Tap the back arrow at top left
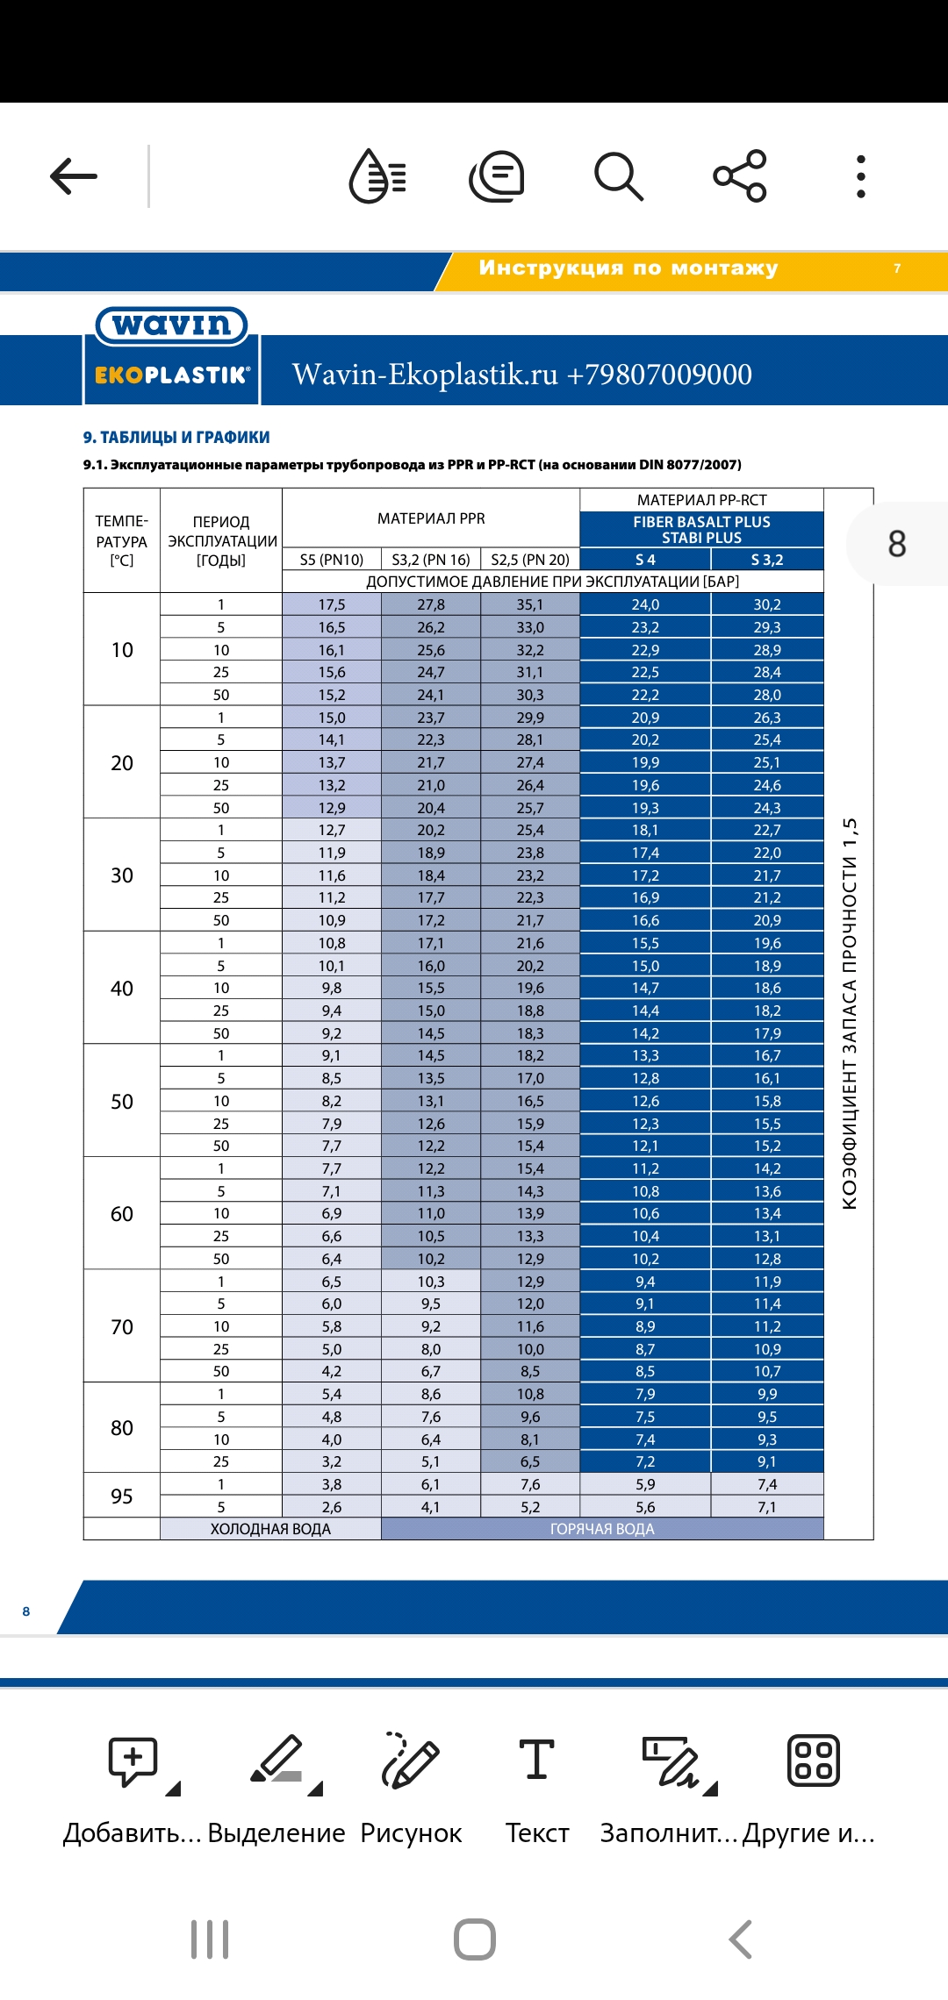click(74, 176)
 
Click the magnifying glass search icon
click(619, 176)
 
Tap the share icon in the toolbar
click(740, 176)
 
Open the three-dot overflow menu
click(861, 176)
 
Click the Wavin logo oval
click(172, 325)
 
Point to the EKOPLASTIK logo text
click(172, 375)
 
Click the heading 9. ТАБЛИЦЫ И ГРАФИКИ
click(176, 437)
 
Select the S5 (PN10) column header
click(332, 560)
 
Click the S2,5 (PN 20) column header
click(530, 560)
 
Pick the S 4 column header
click(645, 560)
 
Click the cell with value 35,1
click(530, 604)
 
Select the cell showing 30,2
click(767, 604)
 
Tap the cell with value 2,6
click(332, 1507)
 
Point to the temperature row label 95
click(122, 1496)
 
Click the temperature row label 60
click(122, 1214)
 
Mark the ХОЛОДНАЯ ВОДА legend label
click(270, 1529)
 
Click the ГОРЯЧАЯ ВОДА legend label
click(602, 1529)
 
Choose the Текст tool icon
click(537, 1759)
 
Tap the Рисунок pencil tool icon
click(411, 1760)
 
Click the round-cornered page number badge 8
click(896, 544)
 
